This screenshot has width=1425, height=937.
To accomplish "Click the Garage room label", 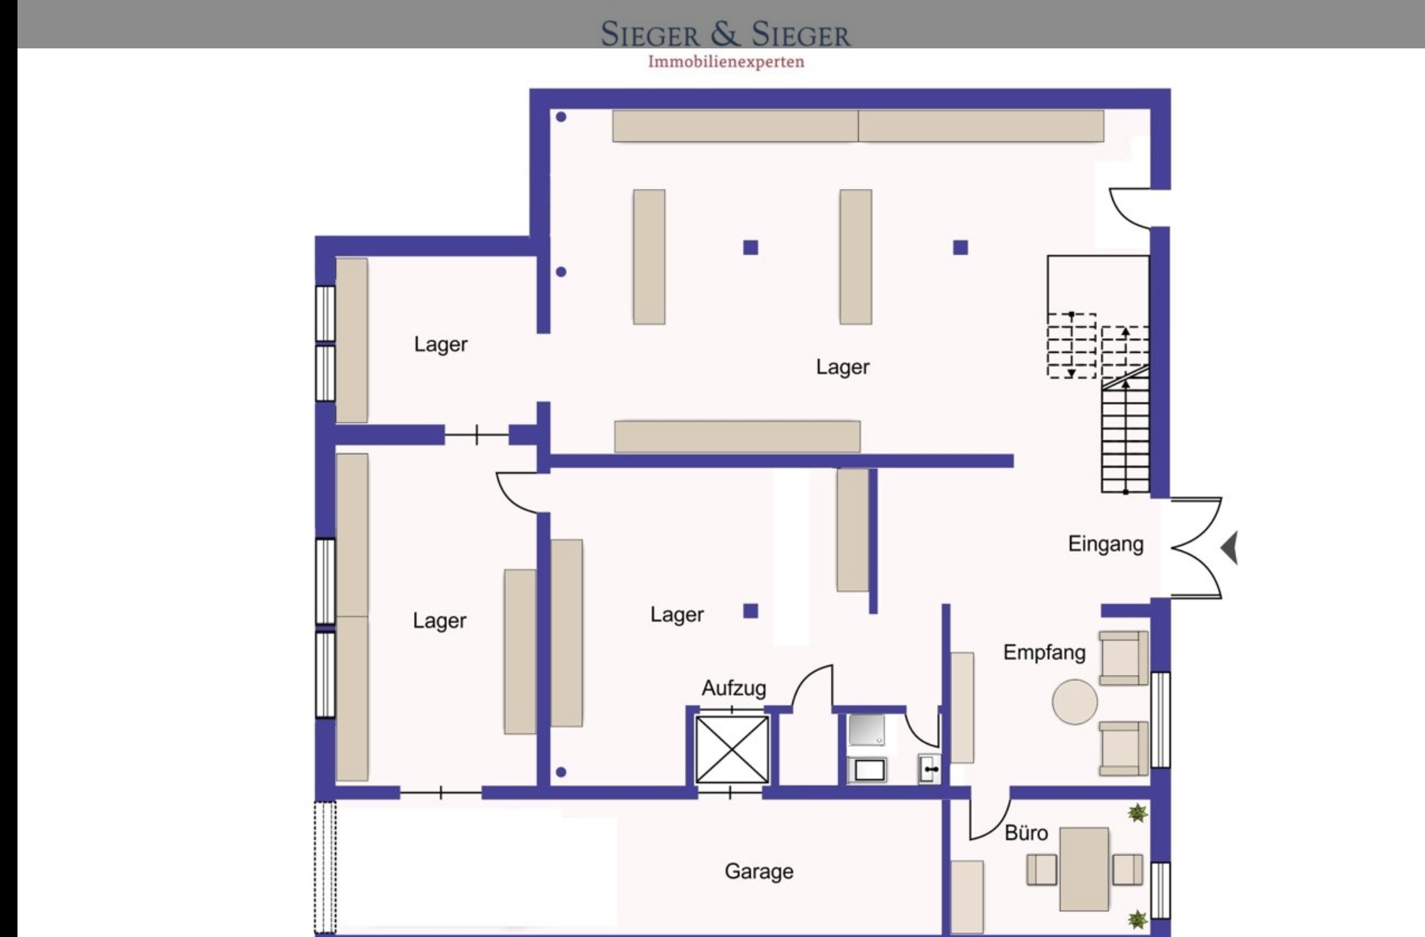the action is [759, 872].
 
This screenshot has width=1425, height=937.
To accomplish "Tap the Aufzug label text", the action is [734, 688].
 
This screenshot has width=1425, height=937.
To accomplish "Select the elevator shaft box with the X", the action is [732, 750].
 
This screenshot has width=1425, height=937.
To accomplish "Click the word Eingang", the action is [1106, 544].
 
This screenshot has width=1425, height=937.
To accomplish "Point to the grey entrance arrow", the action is [1229, 547].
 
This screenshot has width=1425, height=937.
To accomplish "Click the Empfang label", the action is [1044, 653].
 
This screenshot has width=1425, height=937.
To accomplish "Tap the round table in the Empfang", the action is [1075, 702].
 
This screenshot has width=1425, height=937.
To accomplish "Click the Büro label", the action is [1026, 833].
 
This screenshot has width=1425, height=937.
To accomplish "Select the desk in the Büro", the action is [1084, 869].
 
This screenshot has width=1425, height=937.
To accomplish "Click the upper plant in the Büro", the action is [1137, 813].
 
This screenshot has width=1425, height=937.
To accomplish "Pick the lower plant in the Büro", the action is [1137, 919].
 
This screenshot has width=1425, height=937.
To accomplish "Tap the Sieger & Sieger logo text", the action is [726, 34].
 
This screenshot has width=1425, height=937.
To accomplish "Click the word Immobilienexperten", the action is [726, 62].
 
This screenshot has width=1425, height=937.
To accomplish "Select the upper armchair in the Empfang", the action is [1123, 658].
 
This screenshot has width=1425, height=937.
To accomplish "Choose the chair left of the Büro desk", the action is [1041, 870].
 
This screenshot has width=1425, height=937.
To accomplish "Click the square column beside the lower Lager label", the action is [751, 611].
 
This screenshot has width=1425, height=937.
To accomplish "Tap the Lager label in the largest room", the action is [843, 367].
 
